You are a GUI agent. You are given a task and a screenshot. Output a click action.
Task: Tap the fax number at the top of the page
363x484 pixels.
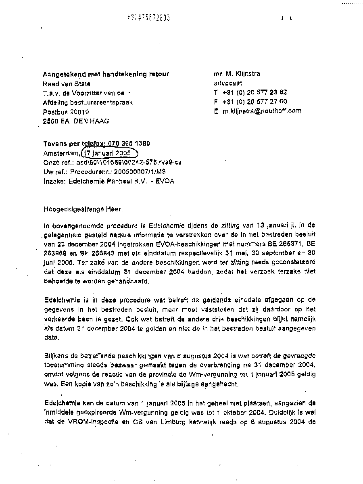[x=148, y=17]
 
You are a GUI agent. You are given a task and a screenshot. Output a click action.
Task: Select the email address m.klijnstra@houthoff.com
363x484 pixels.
[x=262, y=111]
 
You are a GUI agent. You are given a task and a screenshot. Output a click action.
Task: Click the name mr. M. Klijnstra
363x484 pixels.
[x=237, y=74]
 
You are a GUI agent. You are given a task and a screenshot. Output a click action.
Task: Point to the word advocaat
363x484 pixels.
[x=228, y=83]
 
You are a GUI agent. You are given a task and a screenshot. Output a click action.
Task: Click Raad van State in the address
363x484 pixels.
[x=67, y=84]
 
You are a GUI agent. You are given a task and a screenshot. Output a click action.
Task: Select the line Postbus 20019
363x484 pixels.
[x=66, y=112]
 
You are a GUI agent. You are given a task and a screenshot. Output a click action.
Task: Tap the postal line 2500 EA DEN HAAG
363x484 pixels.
[x=76, y=121]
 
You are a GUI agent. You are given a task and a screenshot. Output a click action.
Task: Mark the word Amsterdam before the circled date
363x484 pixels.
[x=61, y=154]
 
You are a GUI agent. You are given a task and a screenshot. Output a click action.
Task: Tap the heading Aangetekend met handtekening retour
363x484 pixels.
[x=106, y=74]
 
